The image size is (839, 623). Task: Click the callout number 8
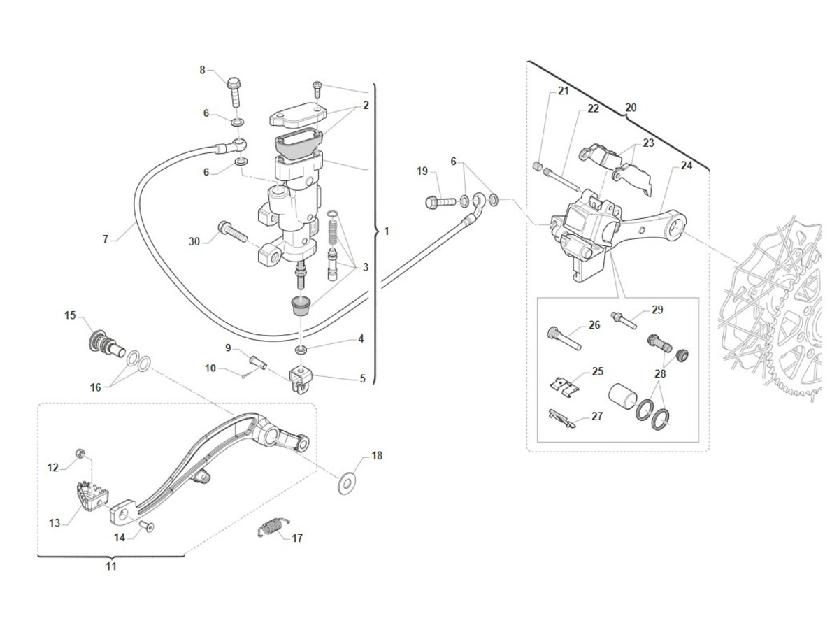click(203, 70)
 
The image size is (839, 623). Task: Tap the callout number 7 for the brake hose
click(106, 239)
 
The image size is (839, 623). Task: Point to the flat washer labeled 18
click(346, 482)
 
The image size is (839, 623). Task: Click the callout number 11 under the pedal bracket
click(111, 566)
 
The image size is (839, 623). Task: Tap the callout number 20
click(631, 108)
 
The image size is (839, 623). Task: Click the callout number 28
click(661, 373)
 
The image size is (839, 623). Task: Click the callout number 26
click(594, 324)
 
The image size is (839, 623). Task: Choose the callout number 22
click(593, 109)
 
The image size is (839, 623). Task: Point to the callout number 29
click(657, 310)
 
